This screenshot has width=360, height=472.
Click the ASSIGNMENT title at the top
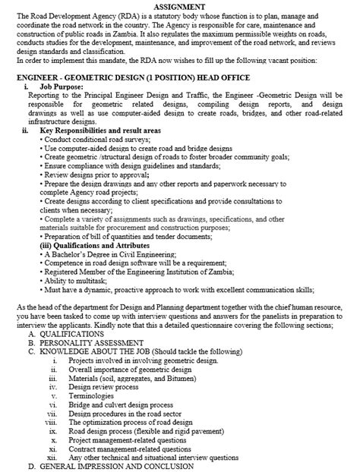point(180,6)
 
